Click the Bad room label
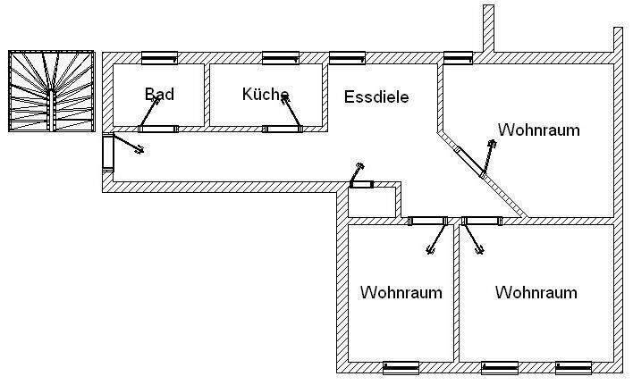(x=158, y=93)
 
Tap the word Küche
(x=265, y=93)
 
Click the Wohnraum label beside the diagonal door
(x=538, y=130)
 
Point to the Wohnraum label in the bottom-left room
(x=401, y=292)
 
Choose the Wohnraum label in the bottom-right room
(x=536, y=292)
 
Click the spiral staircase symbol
(x=51, y=91)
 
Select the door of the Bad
(x=158, y=129)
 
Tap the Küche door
(x=285, y=129)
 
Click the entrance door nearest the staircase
(x=108, y=153)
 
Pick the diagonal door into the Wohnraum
(x=469, y=162)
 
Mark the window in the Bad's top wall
(x=159, y=58)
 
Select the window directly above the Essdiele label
(x=347, y=58)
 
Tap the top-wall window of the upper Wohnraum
(x=457, y=58)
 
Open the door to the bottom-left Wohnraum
(x=427, y=221)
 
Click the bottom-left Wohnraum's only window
(x=401, y=367)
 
